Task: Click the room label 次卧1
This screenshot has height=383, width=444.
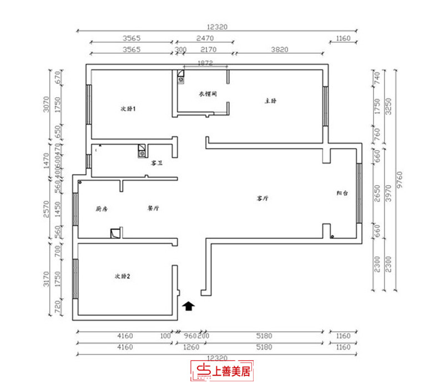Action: [x=129, y=108]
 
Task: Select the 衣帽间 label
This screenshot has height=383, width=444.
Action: [x=207, y=94]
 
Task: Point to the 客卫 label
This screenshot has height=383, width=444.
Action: [x=157, y=164]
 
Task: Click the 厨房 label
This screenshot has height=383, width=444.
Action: [x=100, y=209]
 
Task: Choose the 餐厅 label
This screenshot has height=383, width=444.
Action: [x=153, y=209]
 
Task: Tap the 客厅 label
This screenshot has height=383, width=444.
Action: [x=263, y=198]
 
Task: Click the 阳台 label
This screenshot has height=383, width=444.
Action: [x=342, y=193]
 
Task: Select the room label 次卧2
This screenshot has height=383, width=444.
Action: [x=122, y=275]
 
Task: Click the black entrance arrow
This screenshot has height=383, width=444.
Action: [x=189, y=304]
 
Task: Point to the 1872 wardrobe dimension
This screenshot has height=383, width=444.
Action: [x=205, y=64]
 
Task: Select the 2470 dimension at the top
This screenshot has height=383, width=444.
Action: [x=205, y=38]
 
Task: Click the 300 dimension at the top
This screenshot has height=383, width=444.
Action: [x=181, y=49]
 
